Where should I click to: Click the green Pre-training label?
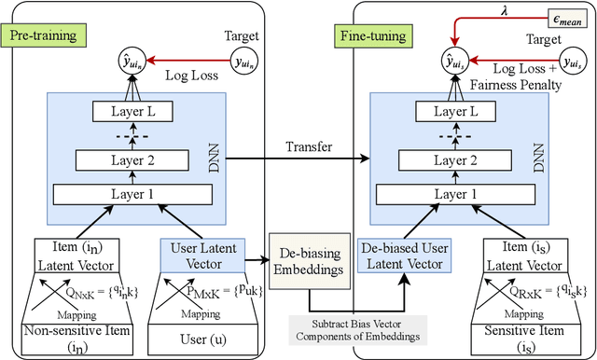tap(43, 35)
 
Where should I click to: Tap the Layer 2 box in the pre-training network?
tap(137, 160)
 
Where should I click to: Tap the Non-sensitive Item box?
tap(74, 337)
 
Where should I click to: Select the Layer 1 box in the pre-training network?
tap(137, 195)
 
